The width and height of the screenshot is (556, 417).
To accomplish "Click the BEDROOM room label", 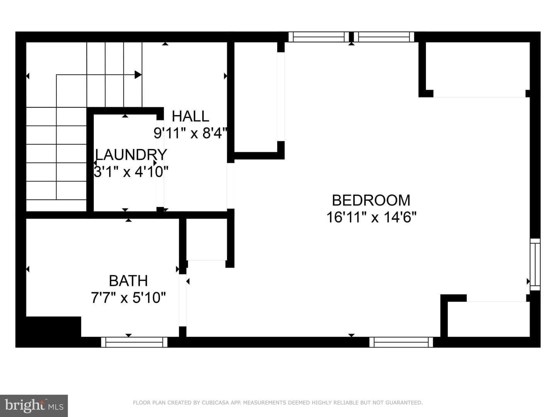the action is click(x=371, y=200).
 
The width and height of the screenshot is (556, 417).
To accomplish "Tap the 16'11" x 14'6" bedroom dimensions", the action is click(x=371, y=217).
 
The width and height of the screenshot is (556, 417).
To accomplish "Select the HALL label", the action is click(x=190, y=116).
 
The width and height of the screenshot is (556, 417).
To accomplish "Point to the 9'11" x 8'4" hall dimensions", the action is click(x=190, y=133).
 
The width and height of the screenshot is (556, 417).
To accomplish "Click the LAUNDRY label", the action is click(x=131, y=154).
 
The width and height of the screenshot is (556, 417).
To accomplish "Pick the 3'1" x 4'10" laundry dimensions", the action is click(x=131, y=172).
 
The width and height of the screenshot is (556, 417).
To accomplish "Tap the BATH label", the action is click(x=129, y=281).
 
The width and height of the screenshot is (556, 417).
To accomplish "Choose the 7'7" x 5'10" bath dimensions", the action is click(x=129, y=297).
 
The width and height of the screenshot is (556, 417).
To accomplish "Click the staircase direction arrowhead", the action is click(x=138, y=75).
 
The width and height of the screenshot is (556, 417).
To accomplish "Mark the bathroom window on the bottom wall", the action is click(x=134, y=342).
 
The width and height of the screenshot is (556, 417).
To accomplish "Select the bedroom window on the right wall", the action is click(x=535, y=264).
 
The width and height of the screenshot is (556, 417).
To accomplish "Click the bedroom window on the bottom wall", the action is click(x=401, y=342).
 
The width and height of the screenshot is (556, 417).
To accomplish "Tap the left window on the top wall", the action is click(x=319, y=37).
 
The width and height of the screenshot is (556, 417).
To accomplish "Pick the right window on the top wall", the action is click(x=384, y=37).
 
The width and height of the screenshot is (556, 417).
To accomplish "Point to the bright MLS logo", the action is click(x=34, y=406).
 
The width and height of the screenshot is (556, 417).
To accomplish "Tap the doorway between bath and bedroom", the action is click(x=183, y=300).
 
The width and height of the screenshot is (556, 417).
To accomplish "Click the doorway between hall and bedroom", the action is click(x=231, y=186).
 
